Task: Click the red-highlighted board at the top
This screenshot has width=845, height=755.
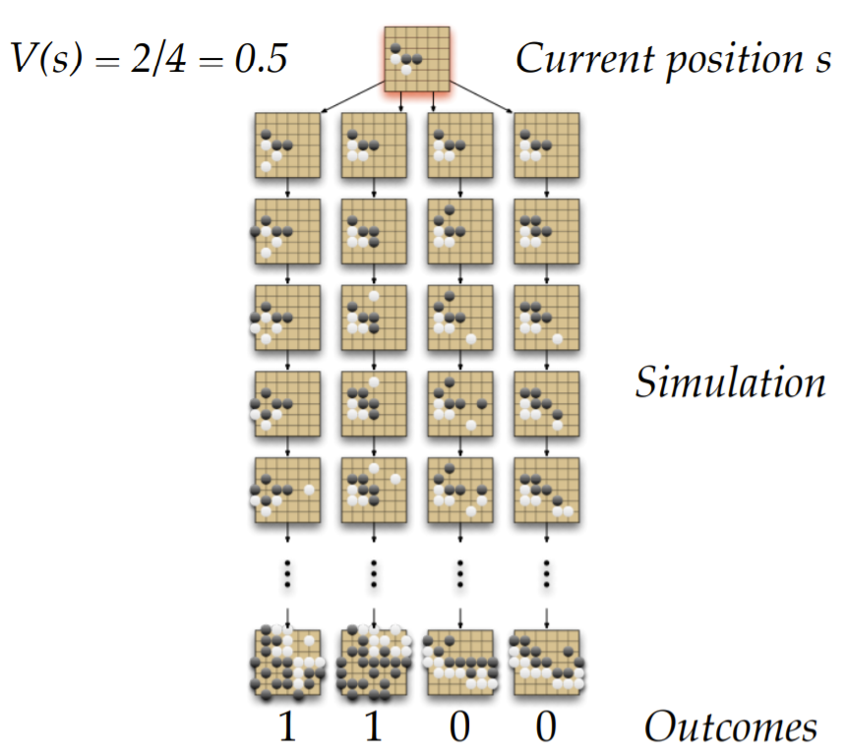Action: coord(416,59)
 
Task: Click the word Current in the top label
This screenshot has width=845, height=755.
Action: coord(585,58)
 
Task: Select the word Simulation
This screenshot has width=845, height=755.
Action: coord(730,382)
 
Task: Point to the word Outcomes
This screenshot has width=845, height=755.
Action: coord(731,726)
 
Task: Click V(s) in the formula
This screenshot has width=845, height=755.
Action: coord(47,58)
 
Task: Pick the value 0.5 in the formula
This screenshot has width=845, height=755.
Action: coord(261,58)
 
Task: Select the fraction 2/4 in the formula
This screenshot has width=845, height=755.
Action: coord(158,58)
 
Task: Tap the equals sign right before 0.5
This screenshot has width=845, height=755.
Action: coord(211,60)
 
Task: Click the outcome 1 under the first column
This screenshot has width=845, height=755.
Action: coord(287,726)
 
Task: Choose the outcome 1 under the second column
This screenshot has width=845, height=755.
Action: coord(374,726)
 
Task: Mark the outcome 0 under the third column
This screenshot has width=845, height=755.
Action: coord(459,726)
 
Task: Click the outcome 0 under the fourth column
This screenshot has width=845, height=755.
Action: coord(546,726)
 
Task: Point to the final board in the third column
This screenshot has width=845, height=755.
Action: coord(459,663)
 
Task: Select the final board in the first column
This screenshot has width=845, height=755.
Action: coord(287,663)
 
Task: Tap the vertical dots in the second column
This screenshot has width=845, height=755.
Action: coord(374,574)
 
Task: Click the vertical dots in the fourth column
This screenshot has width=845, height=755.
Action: coord(546,574)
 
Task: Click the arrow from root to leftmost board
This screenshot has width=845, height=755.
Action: coord(352,97)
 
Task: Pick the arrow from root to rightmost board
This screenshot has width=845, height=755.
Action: coord(481,97)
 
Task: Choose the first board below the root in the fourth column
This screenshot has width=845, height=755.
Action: coord(547,145)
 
